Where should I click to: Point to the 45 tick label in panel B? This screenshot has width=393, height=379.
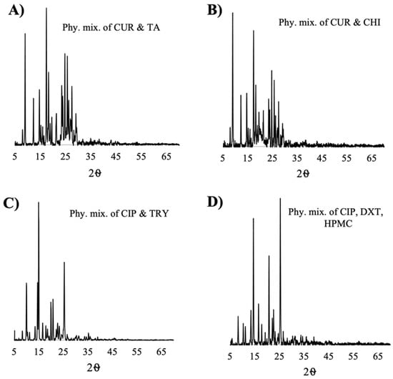322,154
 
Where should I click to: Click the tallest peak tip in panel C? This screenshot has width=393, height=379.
39,202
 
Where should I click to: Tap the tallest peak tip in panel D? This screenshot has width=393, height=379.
280,198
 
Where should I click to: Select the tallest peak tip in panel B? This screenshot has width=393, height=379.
233,13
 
